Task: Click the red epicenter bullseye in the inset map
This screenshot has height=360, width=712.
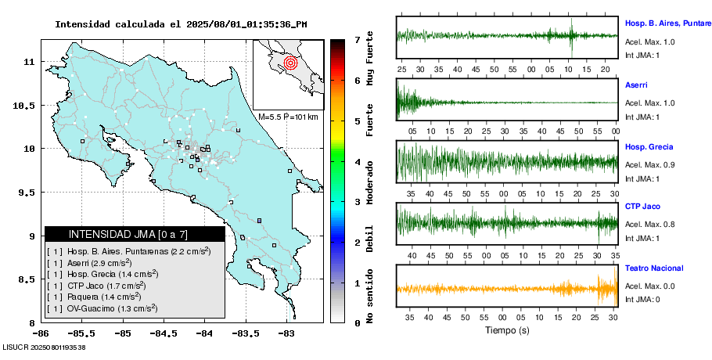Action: coord(290,61)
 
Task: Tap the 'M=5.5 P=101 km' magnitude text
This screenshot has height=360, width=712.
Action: coord(288,117)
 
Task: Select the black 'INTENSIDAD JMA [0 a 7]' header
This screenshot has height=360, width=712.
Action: coord(135,234)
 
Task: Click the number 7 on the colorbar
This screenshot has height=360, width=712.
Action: coord(357,38)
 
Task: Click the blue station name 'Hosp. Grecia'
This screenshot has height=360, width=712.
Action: coord(649,147)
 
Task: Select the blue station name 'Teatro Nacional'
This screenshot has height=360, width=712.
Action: coord(654,268)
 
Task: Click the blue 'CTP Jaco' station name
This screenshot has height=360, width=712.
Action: coord(643,207)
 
